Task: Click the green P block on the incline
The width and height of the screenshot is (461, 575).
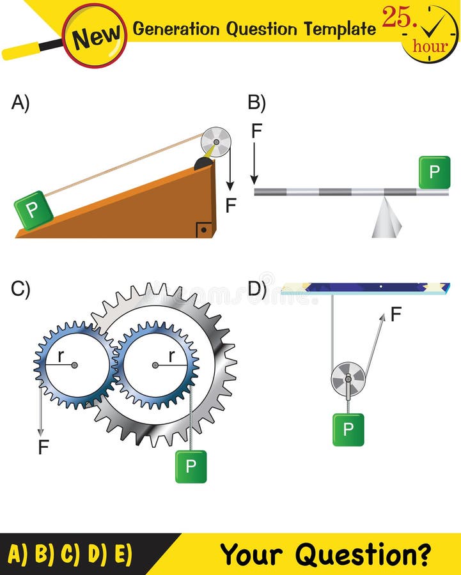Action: click(33, 210)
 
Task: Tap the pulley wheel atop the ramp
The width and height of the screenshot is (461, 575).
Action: click(215, 142)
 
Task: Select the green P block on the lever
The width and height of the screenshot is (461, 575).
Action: click(435, 172)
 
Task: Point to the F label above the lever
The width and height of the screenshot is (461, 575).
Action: click(256, 131)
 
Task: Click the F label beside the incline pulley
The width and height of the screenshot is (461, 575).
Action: click(231, 205)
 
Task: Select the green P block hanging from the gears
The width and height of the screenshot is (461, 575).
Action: click(191, 466)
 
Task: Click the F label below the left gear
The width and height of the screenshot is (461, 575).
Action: click(43, 447)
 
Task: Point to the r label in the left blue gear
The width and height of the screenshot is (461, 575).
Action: click(61, 356)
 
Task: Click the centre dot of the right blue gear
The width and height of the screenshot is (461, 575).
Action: click(155, 365)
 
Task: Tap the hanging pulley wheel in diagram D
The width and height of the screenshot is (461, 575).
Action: click(348, 379)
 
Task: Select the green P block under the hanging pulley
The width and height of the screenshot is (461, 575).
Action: click(348, 429)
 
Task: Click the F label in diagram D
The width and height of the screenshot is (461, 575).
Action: click(396, 314)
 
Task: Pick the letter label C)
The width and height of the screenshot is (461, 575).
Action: click(20, 289)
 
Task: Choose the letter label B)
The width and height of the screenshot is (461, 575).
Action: click(256, 103)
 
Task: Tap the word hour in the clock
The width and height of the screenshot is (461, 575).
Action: click(430, 46)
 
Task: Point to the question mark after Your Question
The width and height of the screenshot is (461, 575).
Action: click(422, 554)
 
